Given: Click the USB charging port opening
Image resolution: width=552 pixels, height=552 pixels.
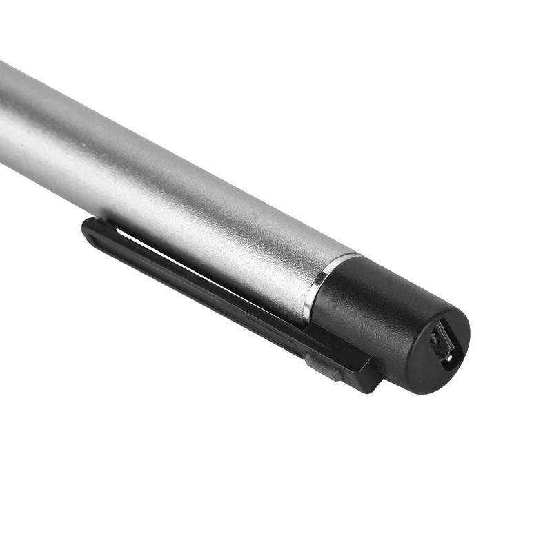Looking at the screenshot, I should (442, 344).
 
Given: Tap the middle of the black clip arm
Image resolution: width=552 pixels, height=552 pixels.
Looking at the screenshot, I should (207, 283).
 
